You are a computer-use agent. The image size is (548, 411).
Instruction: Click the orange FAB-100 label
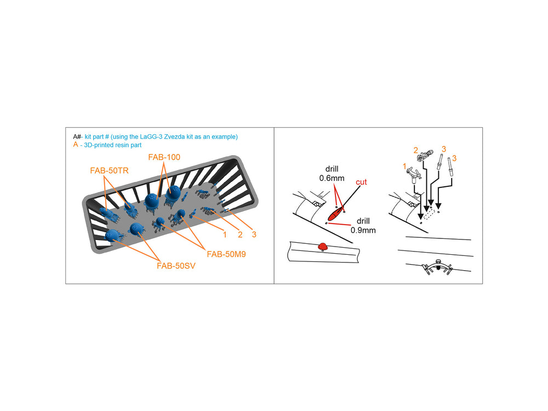click(x=164, y=157)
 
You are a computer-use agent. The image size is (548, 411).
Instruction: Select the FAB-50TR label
click(x=110, y=170)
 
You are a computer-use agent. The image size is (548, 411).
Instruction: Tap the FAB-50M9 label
click(x=226, y=254)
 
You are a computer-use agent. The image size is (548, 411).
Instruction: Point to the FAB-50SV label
click(x=176, y=266)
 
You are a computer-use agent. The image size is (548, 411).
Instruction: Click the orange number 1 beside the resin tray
click(x=225, y=235)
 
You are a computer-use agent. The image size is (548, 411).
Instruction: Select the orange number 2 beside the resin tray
click(x=240, y=235)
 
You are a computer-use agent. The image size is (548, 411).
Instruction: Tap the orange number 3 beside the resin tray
click(x=254, y=235)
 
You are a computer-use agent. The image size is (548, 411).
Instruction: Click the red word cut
click(x=361, y=182)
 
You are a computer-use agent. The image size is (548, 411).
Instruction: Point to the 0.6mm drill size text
click(x=332, y=178)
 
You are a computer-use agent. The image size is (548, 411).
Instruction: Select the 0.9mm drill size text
click(x=363, y=230)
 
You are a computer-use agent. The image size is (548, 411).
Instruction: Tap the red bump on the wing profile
click(x=323, y=247)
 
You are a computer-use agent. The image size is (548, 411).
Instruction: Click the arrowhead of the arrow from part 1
click(x=420, y=216)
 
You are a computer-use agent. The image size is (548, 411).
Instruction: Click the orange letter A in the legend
click(x=76, y=144)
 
